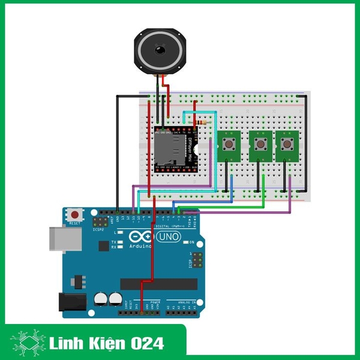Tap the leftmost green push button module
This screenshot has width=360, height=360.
point(229,145)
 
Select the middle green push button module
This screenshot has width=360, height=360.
point(259,145)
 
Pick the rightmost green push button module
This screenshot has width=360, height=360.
point(286,145)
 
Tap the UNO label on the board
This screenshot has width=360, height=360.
point(170,238)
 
